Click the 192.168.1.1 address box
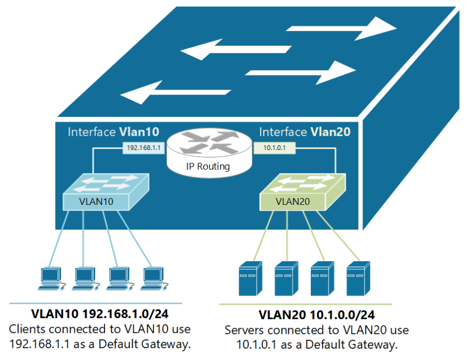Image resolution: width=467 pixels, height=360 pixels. pos(143,147)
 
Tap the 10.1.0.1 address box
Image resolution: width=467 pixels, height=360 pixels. pos(274,147)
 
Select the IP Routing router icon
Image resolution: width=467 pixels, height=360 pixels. pos(209,153)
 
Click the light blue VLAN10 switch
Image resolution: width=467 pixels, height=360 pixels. pos(105,192)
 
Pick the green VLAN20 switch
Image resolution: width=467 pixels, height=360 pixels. pos(303,192)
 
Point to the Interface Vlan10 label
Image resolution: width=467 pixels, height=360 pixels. pos(114,132)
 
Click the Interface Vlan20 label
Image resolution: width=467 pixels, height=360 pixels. pos(305,132)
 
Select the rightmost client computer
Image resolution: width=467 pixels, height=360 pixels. pos(154,279)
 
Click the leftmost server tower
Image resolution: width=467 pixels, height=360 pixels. pos(250,279)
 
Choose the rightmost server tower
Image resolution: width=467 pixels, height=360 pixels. pos(358,279)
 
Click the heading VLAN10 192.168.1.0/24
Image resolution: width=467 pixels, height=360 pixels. pos(100,314)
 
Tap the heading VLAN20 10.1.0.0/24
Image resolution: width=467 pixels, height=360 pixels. pos(316,315)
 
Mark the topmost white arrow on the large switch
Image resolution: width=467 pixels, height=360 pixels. pos(342,29)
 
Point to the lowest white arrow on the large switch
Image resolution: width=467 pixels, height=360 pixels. pos(176,92)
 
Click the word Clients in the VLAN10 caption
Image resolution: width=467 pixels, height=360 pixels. pos(27,329)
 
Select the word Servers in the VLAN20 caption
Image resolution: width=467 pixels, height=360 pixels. pos(244,330)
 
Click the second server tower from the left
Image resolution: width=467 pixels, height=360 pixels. pos(286,279)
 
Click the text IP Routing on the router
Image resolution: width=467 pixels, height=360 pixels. pos(208,166)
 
